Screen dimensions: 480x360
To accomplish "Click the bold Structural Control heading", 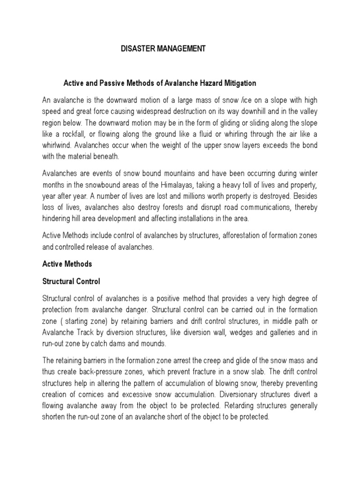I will click(71, 282).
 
